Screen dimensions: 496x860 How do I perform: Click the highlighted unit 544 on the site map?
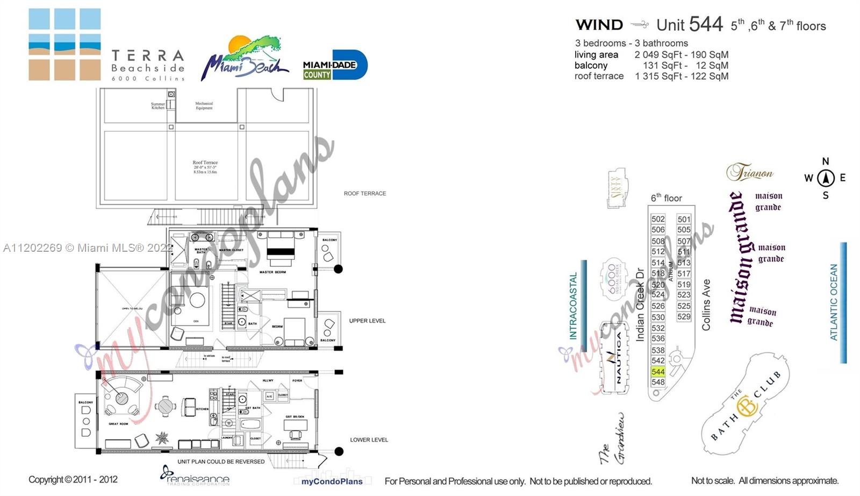point(658,372)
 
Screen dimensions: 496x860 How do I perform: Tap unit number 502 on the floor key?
point(658,219)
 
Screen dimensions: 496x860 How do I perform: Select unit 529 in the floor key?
point(684,317)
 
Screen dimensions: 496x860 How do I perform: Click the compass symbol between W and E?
point(826,178)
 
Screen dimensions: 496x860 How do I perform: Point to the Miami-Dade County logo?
point(335,65)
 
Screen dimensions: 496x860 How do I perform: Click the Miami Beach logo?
point(245,59)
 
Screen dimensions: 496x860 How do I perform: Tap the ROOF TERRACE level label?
point(364,194)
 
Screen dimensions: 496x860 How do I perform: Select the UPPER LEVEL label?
point(367,321)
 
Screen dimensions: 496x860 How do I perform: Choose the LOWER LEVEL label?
point(369,440)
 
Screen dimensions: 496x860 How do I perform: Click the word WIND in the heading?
point(599,25)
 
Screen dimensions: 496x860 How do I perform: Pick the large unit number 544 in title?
point(706,24)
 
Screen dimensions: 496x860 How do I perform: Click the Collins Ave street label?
point(706,304)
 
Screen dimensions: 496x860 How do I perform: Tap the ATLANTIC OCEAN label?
point(834,302)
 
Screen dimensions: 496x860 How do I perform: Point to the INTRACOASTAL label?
point(573,306)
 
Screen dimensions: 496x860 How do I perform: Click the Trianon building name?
point(750,172)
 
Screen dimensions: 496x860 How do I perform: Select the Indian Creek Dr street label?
point(640,304)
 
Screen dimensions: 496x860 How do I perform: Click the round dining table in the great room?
point(165,406)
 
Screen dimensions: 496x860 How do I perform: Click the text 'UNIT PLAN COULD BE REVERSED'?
point(221,462)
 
